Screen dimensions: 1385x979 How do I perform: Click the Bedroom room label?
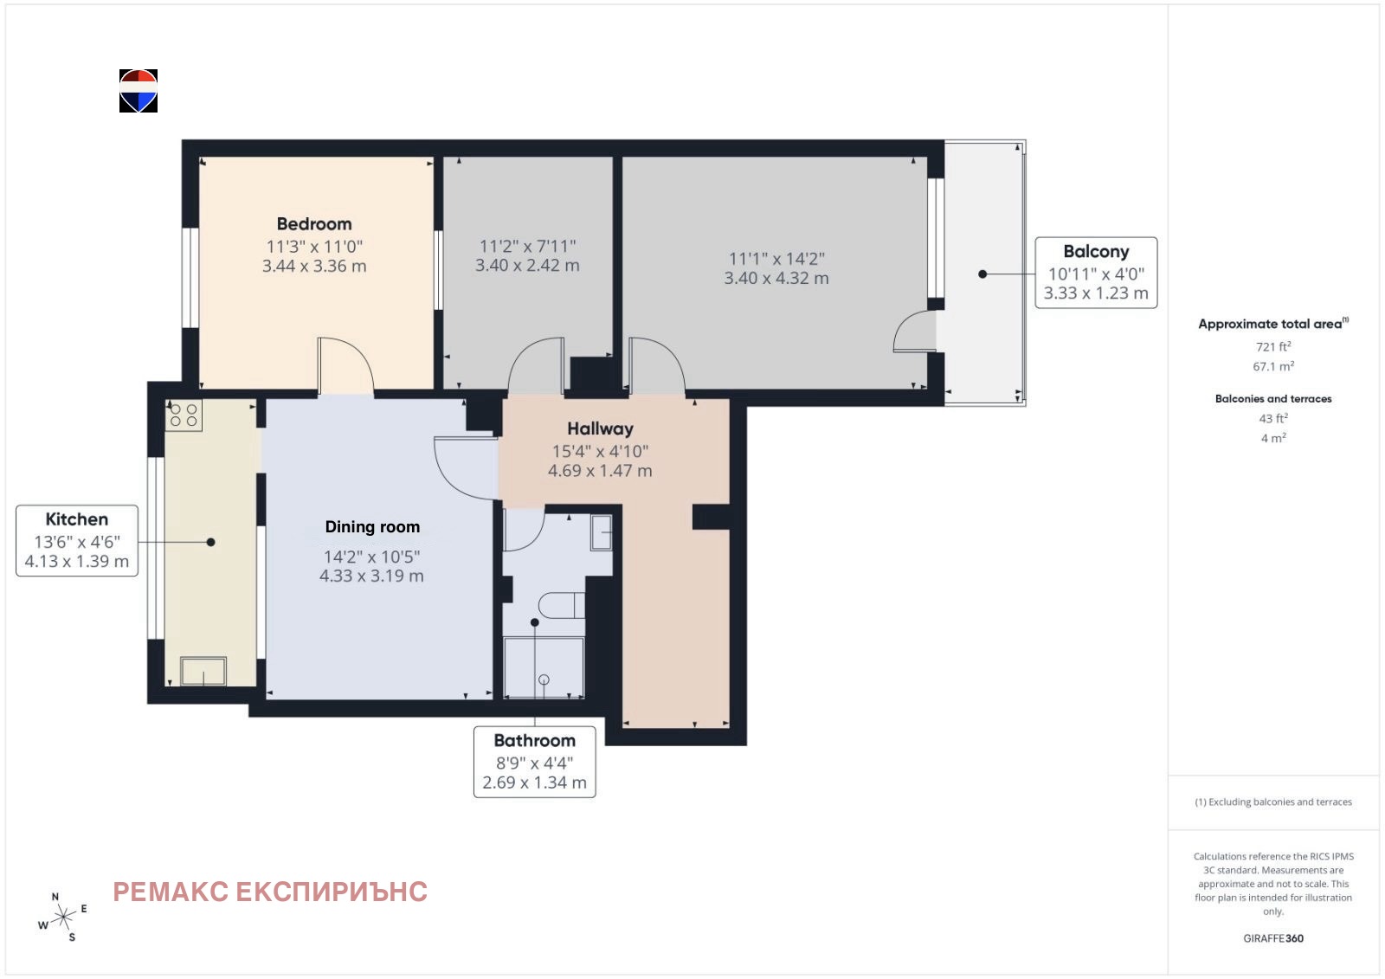314,224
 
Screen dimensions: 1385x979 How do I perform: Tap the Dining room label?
372,527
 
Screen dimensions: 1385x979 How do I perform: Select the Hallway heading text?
600,428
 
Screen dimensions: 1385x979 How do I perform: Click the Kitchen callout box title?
77,519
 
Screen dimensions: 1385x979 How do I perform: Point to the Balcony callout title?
1096,252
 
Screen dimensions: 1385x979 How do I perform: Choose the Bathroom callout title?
534,740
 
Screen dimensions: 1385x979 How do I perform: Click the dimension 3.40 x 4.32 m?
776,279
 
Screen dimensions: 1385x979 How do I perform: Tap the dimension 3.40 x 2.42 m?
527,266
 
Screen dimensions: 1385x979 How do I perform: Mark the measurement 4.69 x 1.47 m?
600,471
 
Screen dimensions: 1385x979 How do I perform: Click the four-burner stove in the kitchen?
184,415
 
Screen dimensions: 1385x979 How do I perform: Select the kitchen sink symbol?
203,670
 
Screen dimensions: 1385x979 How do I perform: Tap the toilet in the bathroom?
562,605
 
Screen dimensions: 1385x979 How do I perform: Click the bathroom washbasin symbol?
602,531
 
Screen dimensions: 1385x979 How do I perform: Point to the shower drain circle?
544,680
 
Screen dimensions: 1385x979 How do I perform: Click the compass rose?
63,918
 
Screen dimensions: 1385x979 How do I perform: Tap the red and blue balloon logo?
138,91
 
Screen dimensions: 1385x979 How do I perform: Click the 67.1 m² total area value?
1273,366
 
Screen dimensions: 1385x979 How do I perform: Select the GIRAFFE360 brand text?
1273,938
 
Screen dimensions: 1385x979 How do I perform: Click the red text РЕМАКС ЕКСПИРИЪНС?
270,892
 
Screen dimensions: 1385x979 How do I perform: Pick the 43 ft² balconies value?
1273,418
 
